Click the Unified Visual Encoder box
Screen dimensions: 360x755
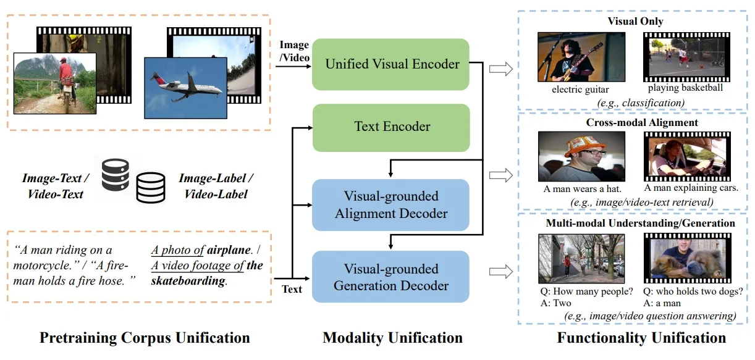click(x=391, y=64)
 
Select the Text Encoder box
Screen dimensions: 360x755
click(x=391, y=127)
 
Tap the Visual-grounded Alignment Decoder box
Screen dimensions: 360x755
click(x=391, y=204)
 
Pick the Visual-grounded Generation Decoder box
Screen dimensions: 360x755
click(x=391, y=277)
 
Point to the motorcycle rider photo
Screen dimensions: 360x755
click(x=55, y=83)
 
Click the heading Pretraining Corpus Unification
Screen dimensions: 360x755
click(x=145, y=338)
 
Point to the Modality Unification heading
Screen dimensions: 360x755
click(x=392, y=338)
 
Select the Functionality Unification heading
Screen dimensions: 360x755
click(x=641, y=338)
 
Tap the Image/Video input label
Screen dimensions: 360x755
click(x=293, y=50)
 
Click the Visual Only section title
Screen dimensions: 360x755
click(x=635, y=22)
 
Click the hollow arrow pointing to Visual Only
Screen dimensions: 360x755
click(x=501, y=69)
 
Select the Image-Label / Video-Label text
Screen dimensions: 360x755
click(x=216, y=186)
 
